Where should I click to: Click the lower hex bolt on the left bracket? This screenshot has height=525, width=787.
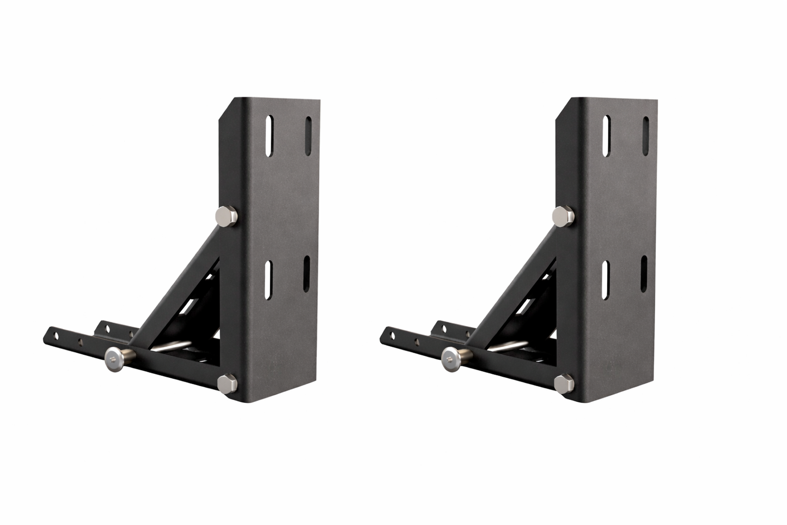(x=225, y=384)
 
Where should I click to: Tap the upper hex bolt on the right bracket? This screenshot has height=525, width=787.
(x=564, y=216)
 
